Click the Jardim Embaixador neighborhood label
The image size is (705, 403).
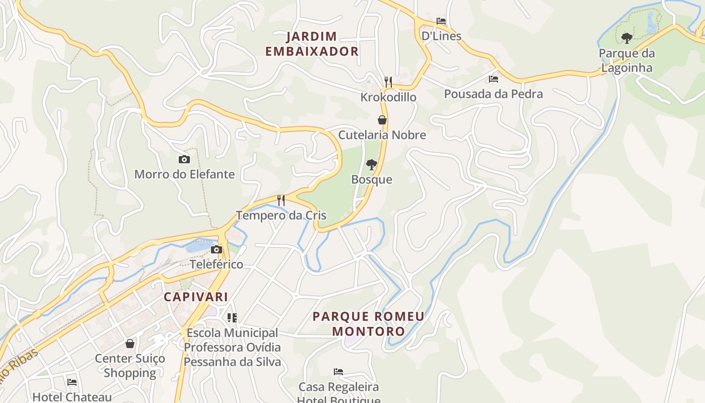click(x=312, y=44)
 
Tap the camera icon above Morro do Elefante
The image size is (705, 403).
click(x=184, y=160)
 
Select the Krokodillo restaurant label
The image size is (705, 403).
click(x=388, y=97)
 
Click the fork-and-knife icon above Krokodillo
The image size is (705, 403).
click(x=388, y=82)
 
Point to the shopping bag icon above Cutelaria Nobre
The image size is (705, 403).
click(x=382, y=120)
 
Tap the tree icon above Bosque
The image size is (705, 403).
click(x=372, y=164)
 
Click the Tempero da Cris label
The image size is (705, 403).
click(x=281, y=216)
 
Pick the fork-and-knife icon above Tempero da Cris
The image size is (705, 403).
click(x=281, y=200)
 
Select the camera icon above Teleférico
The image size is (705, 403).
click(x=217, y=249)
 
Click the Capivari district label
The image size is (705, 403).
click(x=196, y=297)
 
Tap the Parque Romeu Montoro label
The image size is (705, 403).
click(x=369, y=324)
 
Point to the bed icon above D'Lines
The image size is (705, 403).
click(x=441, y=21)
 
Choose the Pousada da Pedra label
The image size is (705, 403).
click(x=493, y=94)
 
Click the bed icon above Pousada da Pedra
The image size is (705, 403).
click(x=493, y=79)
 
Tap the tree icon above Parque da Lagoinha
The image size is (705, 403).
click(x=627, y=38)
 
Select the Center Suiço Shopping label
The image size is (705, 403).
click(x=130, y=366)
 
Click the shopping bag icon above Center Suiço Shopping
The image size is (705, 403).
click(x=130, y=344)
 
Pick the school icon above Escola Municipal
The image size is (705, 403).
click(x=232, y=318)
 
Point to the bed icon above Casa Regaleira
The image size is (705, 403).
click(x=338, y=372)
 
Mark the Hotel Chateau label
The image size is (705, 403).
click(x=72, y=397)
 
